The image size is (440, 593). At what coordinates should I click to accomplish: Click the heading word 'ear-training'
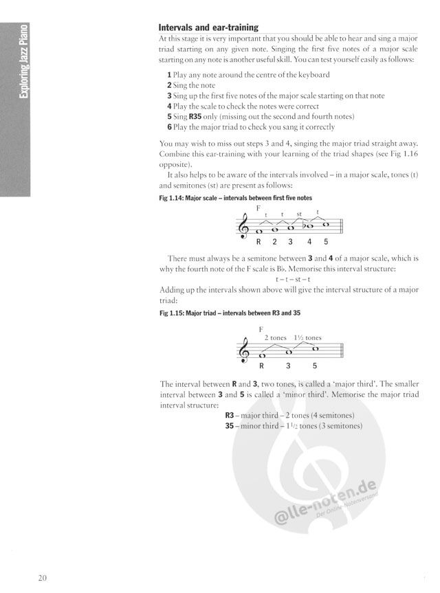pyautogui.click(x=230, y=28)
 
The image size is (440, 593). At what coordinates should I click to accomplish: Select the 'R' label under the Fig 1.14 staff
pyautogui.click(x=258, y=242)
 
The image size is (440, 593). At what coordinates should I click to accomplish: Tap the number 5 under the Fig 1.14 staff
pyautogui.click(x=325, y=242)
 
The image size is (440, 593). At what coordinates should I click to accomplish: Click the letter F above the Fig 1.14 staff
pyautogui.click(x=258, y=208)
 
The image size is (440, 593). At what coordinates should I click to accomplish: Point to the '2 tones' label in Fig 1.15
pyautogui.click(x=274, y=337)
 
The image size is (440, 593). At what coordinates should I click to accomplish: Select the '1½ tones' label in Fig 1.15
pyautogui.click(x=307, y=337)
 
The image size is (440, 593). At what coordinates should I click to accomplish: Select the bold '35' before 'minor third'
pyautogui.click(x=230, y=426)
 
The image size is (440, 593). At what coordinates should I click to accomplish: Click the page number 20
pyautogui.click(x=43, y=576)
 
